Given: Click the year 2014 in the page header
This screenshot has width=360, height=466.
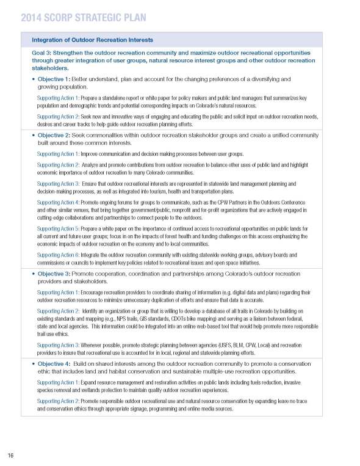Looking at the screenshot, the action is point(31,18).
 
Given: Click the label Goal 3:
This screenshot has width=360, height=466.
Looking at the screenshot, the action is point(44,53).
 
